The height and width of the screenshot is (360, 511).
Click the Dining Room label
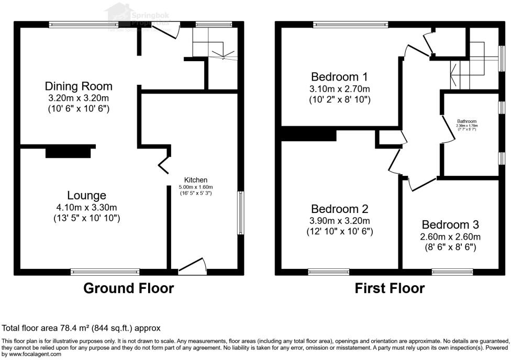pos(79,86)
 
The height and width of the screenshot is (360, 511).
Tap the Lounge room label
pos(87,196)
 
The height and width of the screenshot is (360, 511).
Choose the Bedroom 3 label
pos(450,224)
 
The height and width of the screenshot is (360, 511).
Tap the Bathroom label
pos(467,121)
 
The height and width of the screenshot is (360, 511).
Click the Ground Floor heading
pos(129,288)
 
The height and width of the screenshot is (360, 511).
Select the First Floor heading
pos(390,288)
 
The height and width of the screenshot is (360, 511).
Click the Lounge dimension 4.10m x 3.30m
pos(87,207)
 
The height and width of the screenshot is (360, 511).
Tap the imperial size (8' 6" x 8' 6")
pos(450,247)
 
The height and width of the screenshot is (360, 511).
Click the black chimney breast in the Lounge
pos(68,152)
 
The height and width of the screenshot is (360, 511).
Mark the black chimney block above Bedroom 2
pos(309,136)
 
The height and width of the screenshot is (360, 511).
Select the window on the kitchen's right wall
pos(240,212)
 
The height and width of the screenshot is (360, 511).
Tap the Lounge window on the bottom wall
pos(105,272)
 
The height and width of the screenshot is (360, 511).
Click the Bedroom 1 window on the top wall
pos(351,24)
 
